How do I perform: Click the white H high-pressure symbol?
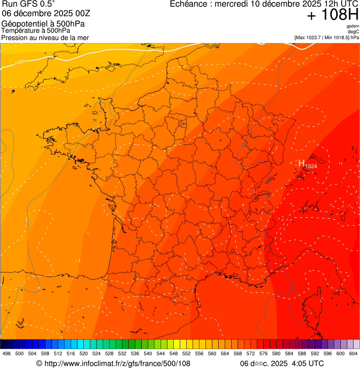[x=301, y=163]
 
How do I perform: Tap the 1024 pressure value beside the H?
[x=311, y=166]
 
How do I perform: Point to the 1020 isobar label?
[x=20, y=62]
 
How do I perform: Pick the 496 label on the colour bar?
[x=7, y=353]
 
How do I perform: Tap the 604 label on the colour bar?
[x=353, y=353]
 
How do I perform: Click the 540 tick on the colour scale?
[x=147, y=353]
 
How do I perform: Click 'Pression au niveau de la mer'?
[x=45, y=37]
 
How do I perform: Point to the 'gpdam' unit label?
[x=353, y=26]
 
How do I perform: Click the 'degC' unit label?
[x=353, y=31]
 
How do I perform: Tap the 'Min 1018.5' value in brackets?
[x=338, y=37]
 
